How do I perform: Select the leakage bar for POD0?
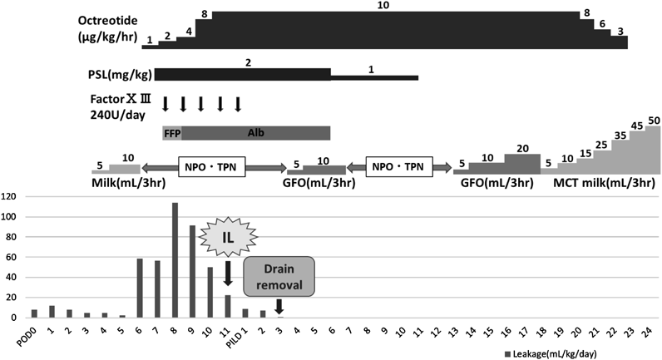[34, 313]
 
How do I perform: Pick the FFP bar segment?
[172, 133]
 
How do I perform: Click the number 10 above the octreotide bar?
[383, 6]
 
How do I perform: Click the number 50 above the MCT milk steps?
[654, 121]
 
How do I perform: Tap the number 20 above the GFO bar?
[521, 148]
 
